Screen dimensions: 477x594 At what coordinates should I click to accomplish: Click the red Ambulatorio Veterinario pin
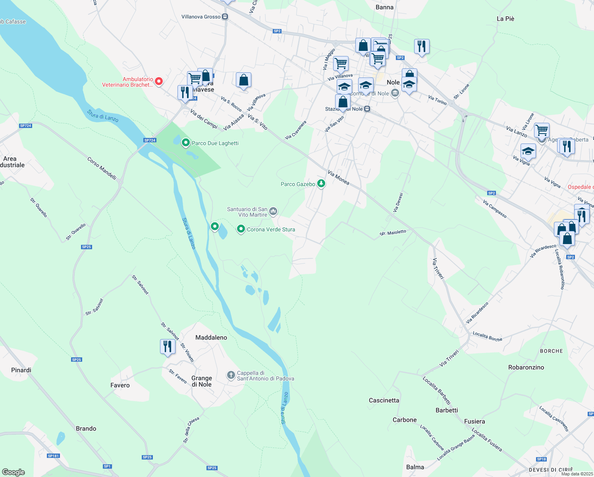(x=159, y=81)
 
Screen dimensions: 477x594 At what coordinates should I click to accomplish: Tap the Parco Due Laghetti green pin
(x=185, y=142)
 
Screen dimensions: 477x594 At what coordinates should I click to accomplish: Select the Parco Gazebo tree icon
(x=321, y=184)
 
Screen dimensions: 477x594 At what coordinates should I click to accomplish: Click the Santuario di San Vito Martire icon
(x=273, y=211)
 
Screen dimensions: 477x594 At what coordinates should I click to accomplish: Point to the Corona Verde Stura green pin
(x=241, y=229)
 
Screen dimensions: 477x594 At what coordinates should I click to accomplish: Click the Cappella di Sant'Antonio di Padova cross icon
(x=231, y=375)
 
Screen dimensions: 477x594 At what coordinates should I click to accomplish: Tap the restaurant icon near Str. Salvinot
(x=168, y=347)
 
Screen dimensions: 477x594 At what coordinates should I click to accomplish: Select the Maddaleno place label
(x=211, y=337)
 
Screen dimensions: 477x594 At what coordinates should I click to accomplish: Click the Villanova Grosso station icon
(x=225, y=17)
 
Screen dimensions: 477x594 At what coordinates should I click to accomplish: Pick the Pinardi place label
(x=21, y=370)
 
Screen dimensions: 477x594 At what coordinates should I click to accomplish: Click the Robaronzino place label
(x=526, y=367)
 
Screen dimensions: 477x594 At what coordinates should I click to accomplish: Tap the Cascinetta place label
(x=384, y=400)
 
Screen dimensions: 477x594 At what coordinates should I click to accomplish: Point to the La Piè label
(x=505, y=19)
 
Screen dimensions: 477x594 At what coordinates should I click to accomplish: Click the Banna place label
(x=384, y=7)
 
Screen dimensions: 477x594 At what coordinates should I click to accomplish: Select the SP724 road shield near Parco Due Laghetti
(x=150, y=140)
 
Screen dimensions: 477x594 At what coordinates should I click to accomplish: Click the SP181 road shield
(x=53, y=456)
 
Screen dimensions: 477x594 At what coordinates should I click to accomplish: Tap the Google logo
(x=13, y=472)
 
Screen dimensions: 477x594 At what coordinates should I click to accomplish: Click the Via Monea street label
(x=338, y=177)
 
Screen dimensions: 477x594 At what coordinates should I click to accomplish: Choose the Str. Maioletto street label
(x=393, y=233)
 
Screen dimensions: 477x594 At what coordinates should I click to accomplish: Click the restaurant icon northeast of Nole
(x=421, y=47)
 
